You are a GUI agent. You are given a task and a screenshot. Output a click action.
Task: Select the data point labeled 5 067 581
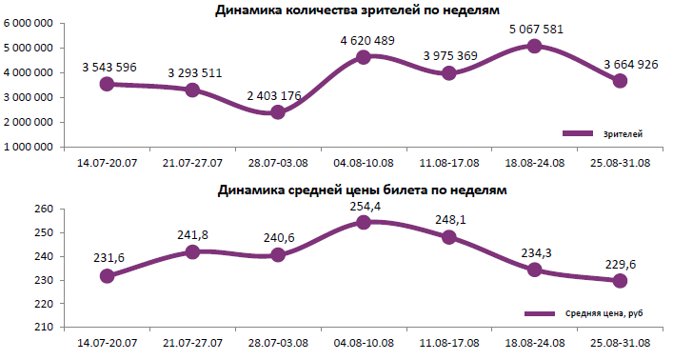click(534, 46)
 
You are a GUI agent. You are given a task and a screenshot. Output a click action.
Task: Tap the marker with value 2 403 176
click(278, 112)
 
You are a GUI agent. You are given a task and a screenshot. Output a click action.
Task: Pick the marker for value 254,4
click(364, 223)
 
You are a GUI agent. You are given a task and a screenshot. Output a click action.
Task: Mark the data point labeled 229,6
click(620, 280)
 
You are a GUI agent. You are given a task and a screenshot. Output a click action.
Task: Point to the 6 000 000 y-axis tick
click(28, 23)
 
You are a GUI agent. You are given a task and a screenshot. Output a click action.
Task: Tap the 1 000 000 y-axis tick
click(28, 148)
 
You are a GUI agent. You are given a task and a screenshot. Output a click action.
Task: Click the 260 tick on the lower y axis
click(42, 210)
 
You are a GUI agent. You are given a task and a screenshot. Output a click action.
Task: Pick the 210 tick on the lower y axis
click(42, 327)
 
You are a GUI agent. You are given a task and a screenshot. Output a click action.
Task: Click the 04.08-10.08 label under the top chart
click(364, 162)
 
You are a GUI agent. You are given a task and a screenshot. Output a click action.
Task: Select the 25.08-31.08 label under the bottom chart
click(620, 341)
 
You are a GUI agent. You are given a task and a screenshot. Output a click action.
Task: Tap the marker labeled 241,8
click(192, 252)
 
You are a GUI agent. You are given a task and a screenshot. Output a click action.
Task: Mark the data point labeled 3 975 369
click(449, 73)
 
